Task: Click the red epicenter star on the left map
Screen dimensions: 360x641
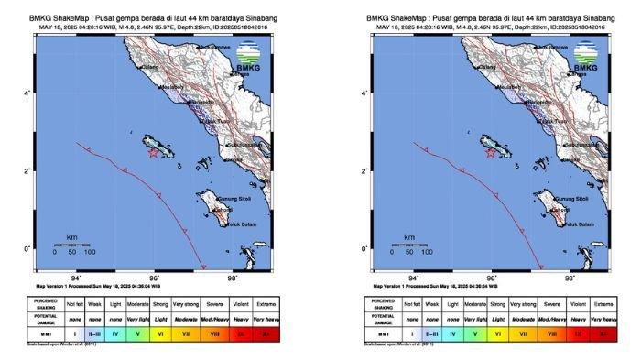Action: (x=153, y=153)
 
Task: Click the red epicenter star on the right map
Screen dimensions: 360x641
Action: (x=492, y=153)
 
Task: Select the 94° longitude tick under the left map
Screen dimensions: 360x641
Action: (x=76, y=278)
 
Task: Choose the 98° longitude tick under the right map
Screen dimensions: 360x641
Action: (x=570, y=278)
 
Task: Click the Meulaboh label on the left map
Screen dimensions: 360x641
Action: (x=171, y=87)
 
